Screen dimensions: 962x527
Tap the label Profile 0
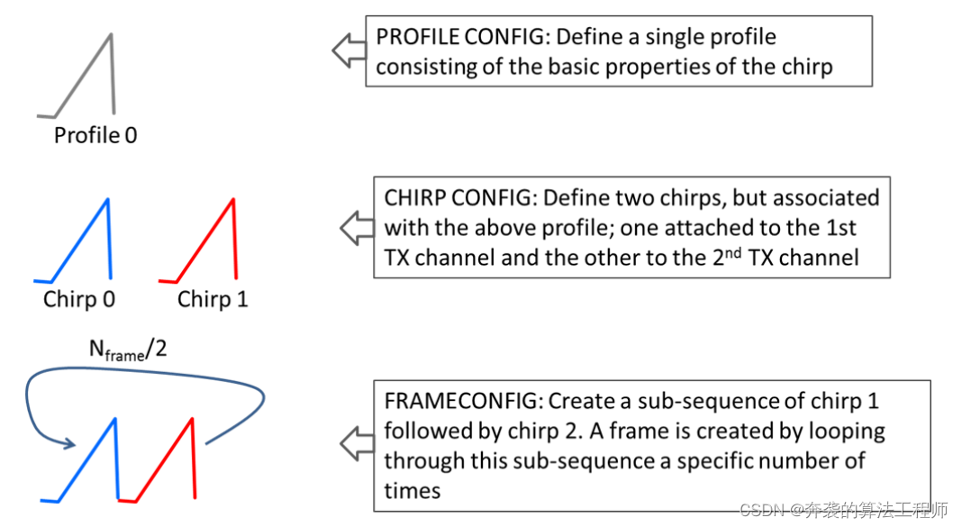click(x=95, y=136)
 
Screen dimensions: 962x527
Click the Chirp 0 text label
click(x=79, y=299)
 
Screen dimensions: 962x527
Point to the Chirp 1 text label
click(x=213, y=299)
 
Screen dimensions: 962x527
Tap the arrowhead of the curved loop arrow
click(x=69, y=442)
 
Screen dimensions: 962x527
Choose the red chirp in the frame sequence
click(x=166, y=459)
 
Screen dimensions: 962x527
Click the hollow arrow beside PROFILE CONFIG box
click(x=347, y=50)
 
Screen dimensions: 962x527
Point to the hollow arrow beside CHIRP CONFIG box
click(x=355, y=228)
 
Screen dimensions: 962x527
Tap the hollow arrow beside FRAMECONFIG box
click(x=355, y=443)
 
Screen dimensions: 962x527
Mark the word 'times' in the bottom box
click(x=413, y=490)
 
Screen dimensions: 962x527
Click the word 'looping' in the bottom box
click(x=846, y=432)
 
